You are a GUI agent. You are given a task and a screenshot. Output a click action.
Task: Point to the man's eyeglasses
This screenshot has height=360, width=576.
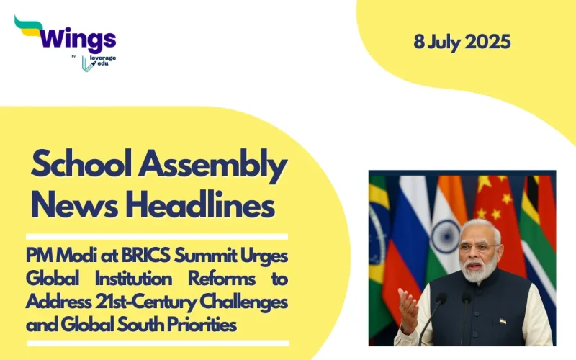480,247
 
